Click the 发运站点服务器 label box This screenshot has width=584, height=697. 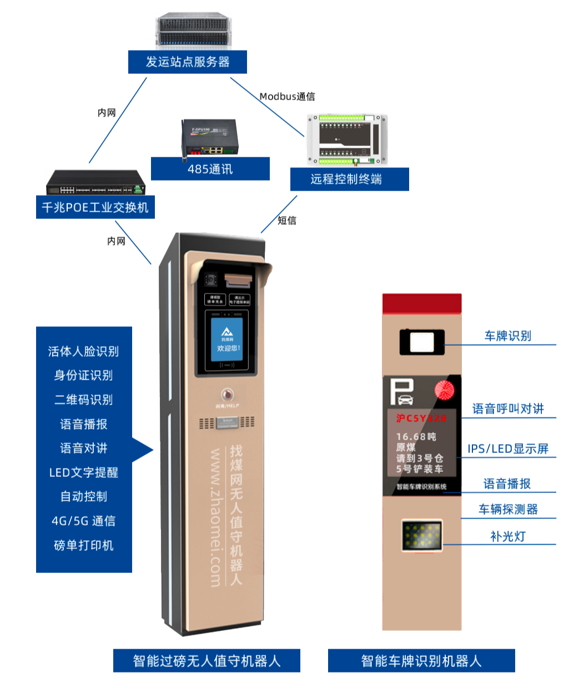pyautogui.click(x=188, y=62)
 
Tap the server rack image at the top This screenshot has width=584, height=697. pyautogui.click(x=193, y=31)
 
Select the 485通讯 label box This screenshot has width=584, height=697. pyautogui.click(x=210, y=169)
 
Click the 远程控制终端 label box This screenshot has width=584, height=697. pyautogui.click(x=349, y=180)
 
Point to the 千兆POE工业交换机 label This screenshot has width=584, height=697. pyautogui.click(x=95, y=207)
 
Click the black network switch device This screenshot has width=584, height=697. pyautogui.click(x=96, y=183)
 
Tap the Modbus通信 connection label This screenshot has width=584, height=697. pyautogui.click(x=287, y=97)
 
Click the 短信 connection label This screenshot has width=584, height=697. pyautogui.click(x=287, y=221)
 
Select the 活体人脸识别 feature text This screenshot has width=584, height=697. pyautogui.click(x=83, y=351)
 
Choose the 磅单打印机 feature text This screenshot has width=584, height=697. pyautogui.click(x=83, y=545)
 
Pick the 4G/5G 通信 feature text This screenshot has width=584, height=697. pyautogui.click(x=83, y=521)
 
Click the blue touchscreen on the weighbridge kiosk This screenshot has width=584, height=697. pyautogui.click(x=228, y=342)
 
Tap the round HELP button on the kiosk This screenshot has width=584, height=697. pyautogui.click(x=227, y=395)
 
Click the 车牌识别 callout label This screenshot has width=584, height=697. pyautogui.click(x=507, y=336)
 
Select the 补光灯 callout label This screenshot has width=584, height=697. pyautogui.click(x=507, y=536)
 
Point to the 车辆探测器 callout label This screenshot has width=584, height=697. pyautogui.click(x=508, y=509)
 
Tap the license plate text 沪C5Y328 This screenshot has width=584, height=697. pyautogui.click(x=421, y=419)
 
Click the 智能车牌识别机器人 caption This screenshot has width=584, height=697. pyautogui.click(x=421, y=661)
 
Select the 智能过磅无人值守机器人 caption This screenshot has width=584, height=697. pyautogui.click(x=207, y=661)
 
